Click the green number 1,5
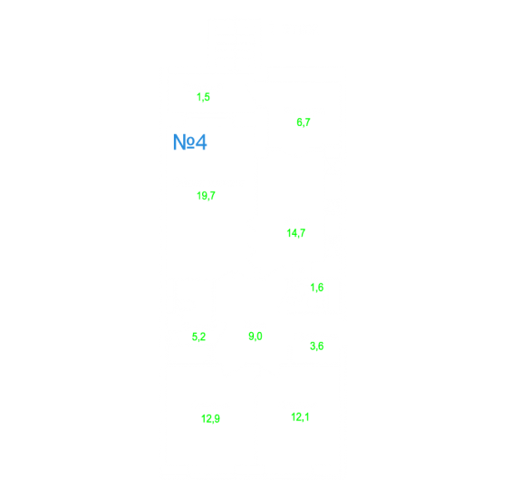click(203, 97)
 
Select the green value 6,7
click(304, 122)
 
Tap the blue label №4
click(189, 142)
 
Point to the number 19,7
click(206, 196)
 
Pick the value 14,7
click(296, 233)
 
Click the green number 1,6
click(316, 288)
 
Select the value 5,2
click(198, 337)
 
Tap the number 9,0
click(256, 337)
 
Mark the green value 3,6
click(316, 347)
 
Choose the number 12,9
click(210, 418)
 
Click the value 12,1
click(300, 417)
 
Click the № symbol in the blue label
click(184, 142)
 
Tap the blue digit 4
click(201, 142)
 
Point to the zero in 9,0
click(259, 336)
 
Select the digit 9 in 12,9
click(217, 418)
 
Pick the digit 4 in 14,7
click(294, 233)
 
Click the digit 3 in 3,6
click(313, 346)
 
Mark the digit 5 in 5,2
click(195, 337)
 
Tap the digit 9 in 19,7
click(205, 195)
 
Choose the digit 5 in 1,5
click(207, 97)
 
